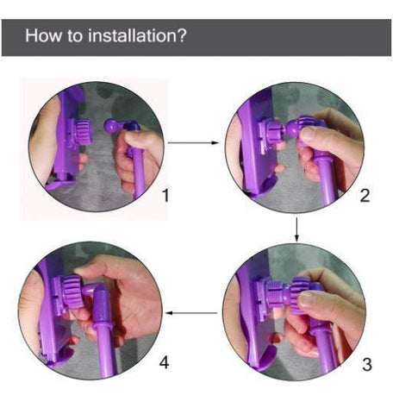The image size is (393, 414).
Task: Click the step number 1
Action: (165, 196)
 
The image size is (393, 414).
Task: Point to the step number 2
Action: (365, 196)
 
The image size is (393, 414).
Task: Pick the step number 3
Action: (367, 364)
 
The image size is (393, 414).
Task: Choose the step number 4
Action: (165, 362)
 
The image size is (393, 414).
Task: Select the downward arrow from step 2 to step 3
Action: (297, 228)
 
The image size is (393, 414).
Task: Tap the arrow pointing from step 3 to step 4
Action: (191, 312)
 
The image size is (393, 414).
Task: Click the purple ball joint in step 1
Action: (112, 126)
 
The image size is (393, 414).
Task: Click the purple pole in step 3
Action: (325, 345)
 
